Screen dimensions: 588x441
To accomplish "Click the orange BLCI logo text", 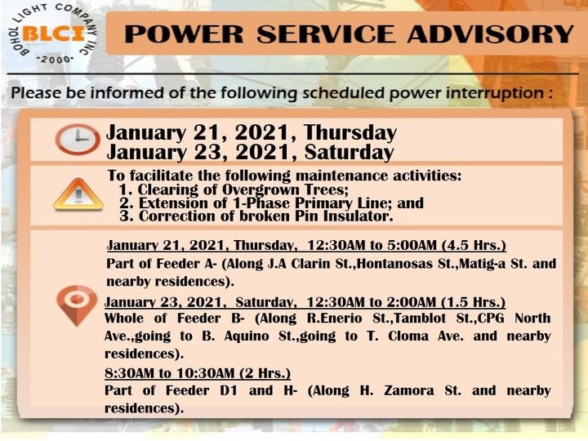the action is click(x=53, y=34).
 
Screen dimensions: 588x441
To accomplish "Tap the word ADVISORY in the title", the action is click(x=491, y=34).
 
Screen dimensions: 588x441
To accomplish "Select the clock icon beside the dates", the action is click(x=78, y=139).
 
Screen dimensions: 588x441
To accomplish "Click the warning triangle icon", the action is click(x=78, y=194).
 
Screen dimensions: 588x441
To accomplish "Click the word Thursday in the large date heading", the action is click(x=350, y=133).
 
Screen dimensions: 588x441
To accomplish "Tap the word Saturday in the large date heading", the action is click(x=350, y=153).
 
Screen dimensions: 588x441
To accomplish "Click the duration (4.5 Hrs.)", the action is click(x=474, y=245).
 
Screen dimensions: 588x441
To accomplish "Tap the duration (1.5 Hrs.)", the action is click(x=473, y=302).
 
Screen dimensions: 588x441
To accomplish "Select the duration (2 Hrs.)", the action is click(x=265, y=373).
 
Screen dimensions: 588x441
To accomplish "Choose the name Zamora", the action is click(x=409, y=390).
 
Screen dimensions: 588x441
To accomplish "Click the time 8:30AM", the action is click(x=129, y=373).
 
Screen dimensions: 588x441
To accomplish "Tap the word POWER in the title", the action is click(x=184, y=34).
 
